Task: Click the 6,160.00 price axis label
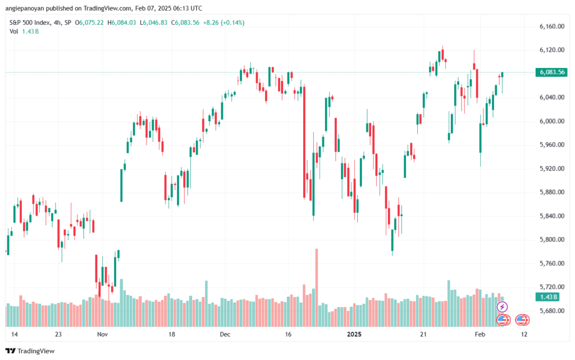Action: (551, 26)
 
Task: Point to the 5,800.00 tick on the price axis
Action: (551, 239)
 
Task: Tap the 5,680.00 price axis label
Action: (551, 311)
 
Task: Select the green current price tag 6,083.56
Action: (551, 72)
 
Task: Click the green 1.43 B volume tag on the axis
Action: (547, 297)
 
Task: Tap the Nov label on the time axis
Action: (102, 334)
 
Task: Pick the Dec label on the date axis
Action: (225, 334)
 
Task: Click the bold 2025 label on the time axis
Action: (354, 334)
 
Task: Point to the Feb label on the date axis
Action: (480, 334)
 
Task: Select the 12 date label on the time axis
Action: (524, 334)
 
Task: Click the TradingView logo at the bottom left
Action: (30, 351)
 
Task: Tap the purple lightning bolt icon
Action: (502, 307)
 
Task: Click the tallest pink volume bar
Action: (317, 288)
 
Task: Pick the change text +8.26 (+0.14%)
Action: (223, 22)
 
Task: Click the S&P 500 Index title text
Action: (30, 22)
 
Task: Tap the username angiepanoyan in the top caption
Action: (25, 8)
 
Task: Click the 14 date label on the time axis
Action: (14, 334)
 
